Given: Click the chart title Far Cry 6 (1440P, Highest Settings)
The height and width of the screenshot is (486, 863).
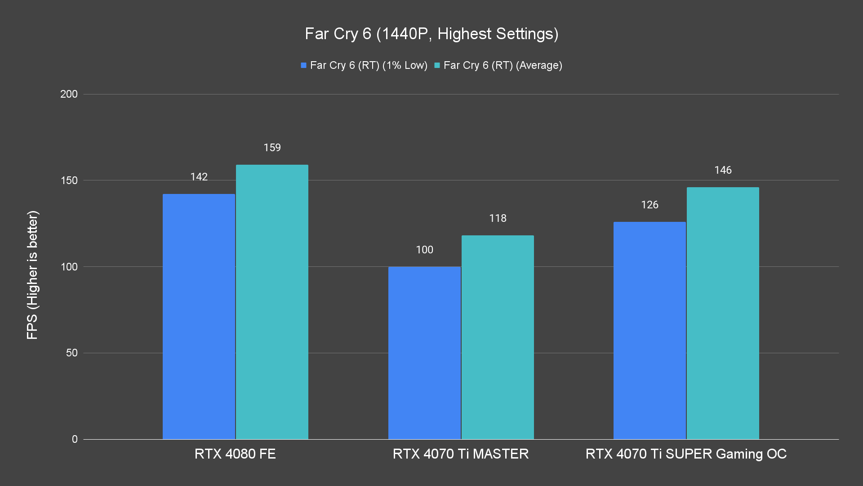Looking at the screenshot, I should click(x=431, y=34).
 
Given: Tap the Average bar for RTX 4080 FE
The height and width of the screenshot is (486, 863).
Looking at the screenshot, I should click(x=272, y=301).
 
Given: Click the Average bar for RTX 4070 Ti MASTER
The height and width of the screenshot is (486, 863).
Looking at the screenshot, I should click(x=498, y=337).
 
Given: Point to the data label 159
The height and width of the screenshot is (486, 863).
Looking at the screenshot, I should click(x=272, y=148).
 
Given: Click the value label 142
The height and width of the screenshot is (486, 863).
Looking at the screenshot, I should click(x=199, y=177).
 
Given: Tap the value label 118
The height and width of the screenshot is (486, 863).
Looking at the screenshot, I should click(x=498, y=218).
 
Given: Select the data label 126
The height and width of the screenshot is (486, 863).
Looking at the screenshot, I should click(x=649, y=205).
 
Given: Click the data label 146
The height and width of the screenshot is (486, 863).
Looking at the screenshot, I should click(x=723, y=170).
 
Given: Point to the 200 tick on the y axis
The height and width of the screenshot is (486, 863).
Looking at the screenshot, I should click(x=69, y=94).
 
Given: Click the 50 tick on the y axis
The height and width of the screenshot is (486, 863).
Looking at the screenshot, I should click(x=72, y=353).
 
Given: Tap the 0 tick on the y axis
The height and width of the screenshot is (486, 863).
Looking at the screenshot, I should click(x=75, y=439).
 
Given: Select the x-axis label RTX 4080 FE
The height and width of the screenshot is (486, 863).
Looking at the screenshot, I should click(x=235, y=454).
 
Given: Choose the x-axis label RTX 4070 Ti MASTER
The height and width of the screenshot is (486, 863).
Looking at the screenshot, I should click(x=461, y=454).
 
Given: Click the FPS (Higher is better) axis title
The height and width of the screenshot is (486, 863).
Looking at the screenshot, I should click(x=32, y=274).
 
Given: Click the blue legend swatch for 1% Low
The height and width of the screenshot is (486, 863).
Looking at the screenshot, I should click(x=303, y=65).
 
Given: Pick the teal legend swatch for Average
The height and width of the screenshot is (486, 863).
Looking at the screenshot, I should click(x=437, y=65).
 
